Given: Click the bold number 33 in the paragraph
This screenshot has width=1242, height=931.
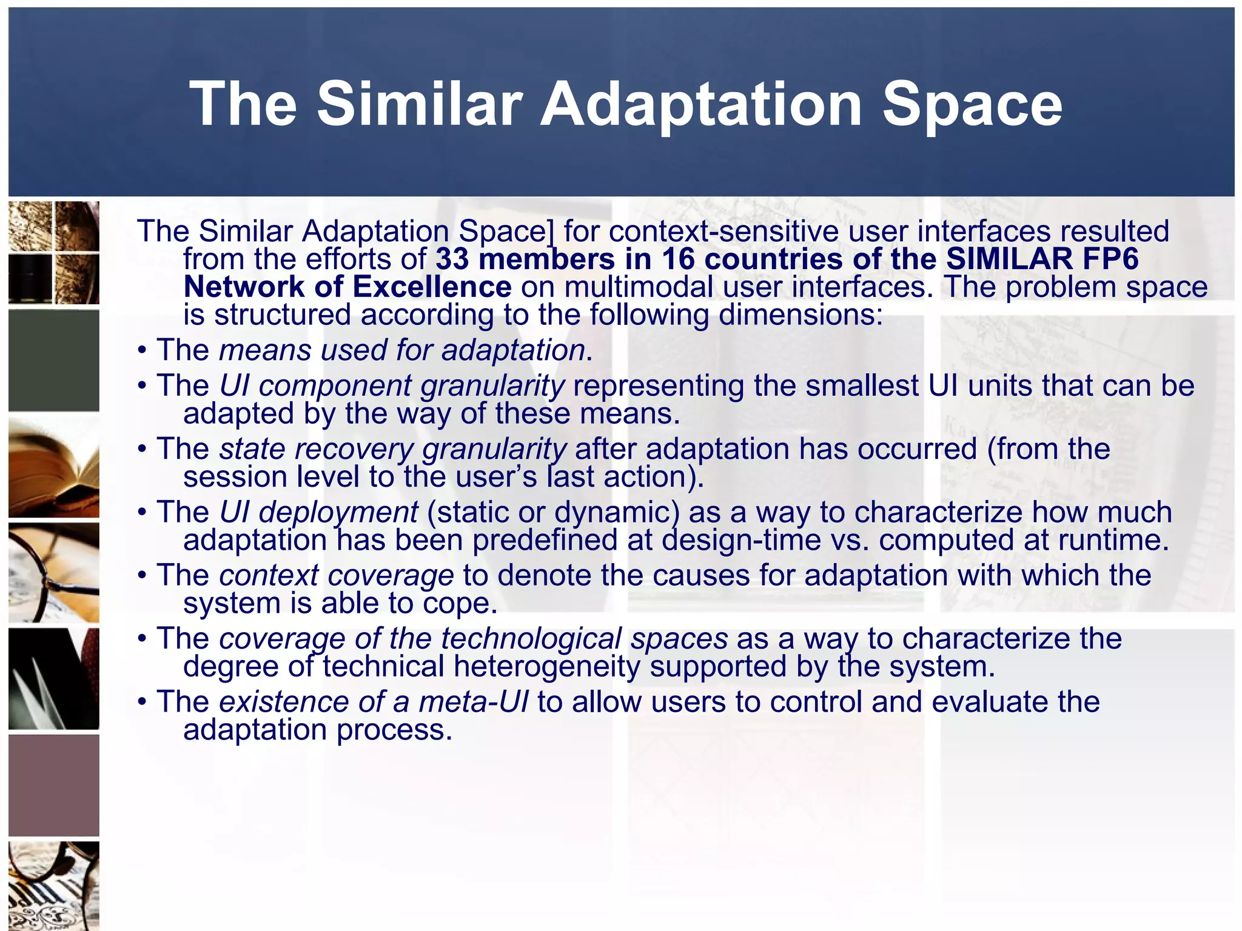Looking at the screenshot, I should [452, 259].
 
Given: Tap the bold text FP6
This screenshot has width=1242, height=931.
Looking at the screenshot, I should [1111, 259].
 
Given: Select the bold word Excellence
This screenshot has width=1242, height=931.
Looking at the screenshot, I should [432, 287].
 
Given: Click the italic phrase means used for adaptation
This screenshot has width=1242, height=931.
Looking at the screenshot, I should [401, 350].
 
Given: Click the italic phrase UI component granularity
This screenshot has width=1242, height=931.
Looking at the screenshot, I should [392, 385].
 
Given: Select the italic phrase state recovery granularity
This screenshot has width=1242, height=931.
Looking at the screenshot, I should [393, 449].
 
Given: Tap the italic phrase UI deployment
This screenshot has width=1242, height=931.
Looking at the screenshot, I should [318, 512].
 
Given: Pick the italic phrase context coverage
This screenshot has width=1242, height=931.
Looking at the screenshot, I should [336, 575].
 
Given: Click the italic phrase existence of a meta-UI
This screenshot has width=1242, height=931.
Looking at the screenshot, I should [373, 702].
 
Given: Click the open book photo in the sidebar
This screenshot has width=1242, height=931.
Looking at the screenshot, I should [54, 467].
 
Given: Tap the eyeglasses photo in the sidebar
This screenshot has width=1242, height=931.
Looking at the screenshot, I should [54, 573].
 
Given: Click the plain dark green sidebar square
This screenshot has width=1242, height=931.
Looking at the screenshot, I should [54, 360].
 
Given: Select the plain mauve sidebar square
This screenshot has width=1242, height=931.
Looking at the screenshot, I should [54, 785].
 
